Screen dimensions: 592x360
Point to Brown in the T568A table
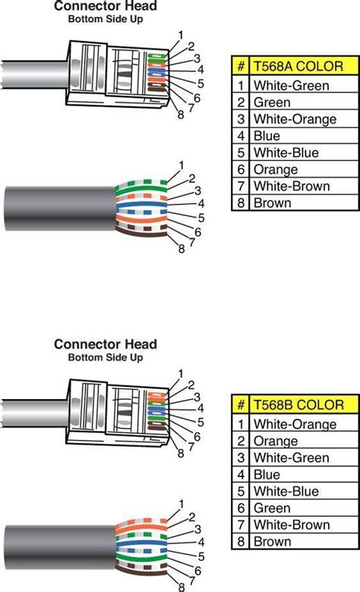click(x=272, y=203)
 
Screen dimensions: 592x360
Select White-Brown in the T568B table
click(x=288, y=525)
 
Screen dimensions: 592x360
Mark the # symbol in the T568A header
click(x=241, y=65)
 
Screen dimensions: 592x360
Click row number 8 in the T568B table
click(x=241, y=542)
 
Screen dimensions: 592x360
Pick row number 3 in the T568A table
click(x=241, y=119)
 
